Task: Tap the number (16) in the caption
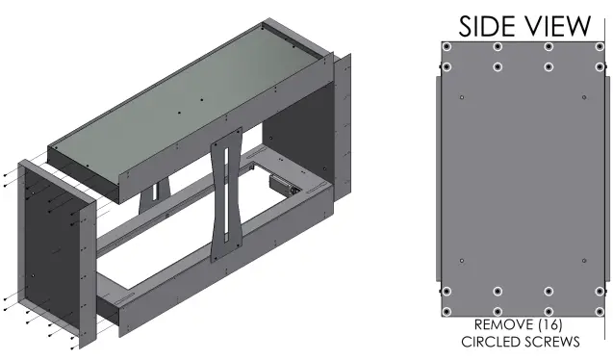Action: (x=550, y=324)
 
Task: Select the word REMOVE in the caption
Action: (x=503, y=324)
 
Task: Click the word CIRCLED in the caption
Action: (x=489, y=342)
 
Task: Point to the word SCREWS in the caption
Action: (x=550, y=342)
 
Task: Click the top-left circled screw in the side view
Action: (x=447, y=47)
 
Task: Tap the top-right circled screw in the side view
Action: (x=600, y=47)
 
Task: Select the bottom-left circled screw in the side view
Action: (x=447, y=312)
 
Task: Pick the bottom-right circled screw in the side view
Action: (x=600, y=312)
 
